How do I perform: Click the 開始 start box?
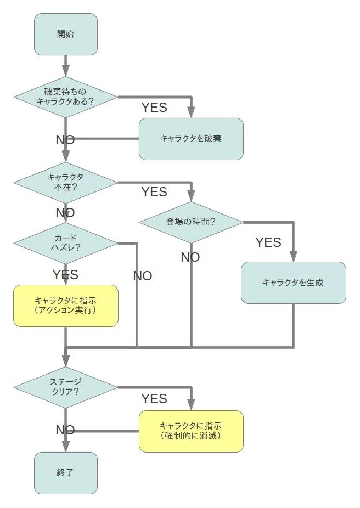tap(66, 34)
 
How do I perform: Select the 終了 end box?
tap(66, 472)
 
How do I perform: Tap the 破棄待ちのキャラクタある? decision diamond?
tap(66, 97)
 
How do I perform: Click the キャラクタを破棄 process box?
tap(191, 139)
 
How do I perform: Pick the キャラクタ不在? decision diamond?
tap(66, 182)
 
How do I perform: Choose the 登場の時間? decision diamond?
tap(191, 222)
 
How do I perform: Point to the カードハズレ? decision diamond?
tap(66, 242)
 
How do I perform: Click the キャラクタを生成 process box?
tap(294, 283)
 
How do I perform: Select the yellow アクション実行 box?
tap(66, 306)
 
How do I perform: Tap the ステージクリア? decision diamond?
tap(66, 387)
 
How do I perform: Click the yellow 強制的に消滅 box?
tap(191, 431)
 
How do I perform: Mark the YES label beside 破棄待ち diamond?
tap(154, 108)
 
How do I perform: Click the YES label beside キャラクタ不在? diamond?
tap(154, 192)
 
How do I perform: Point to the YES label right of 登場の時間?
tap(268, 242)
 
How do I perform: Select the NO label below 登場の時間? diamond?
tap(190, 257)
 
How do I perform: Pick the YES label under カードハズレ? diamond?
tap(65, 274)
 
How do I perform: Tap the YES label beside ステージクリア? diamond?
tap(154, 399)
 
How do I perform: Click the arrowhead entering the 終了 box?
tap(66, 447)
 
